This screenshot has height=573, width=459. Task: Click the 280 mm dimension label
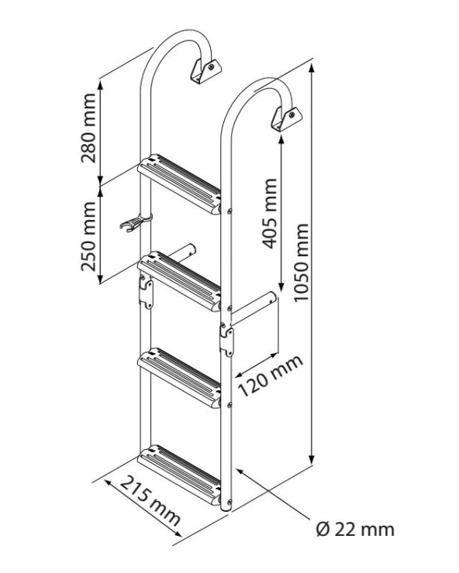pyautogui.click(x=88, y=128)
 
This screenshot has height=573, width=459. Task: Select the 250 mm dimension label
pyautogui.click(x=88, y=236)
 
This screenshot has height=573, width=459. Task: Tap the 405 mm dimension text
pyautogui.click(x=270, y=214)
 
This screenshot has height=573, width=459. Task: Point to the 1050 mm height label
pyautogui.click(x=302, y=262)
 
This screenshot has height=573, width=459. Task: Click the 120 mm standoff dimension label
pyautogui.click(x=271, y=376)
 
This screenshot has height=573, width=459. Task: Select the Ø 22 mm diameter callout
pyautogui.click(x=355, y=530)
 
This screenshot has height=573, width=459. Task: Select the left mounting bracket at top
pyautogui.click(x=205, y=71)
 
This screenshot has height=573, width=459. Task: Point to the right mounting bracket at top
pyautogui.click(x=286, y=119)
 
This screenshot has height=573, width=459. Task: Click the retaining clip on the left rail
pyautogui.click(x=135, y=221)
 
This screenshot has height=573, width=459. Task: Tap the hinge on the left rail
pyautogui.click(x=146, y=292)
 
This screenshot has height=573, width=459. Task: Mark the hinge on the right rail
pyautogui.click(x=226, y=340)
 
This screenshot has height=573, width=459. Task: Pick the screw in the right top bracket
pyautogui.click(x=292, y=115)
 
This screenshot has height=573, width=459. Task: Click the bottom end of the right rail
pyautogui.click(x=226, y=509)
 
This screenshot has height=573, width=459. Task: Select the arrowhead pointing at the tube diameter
pyautogui.click(x=240, y=472)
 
